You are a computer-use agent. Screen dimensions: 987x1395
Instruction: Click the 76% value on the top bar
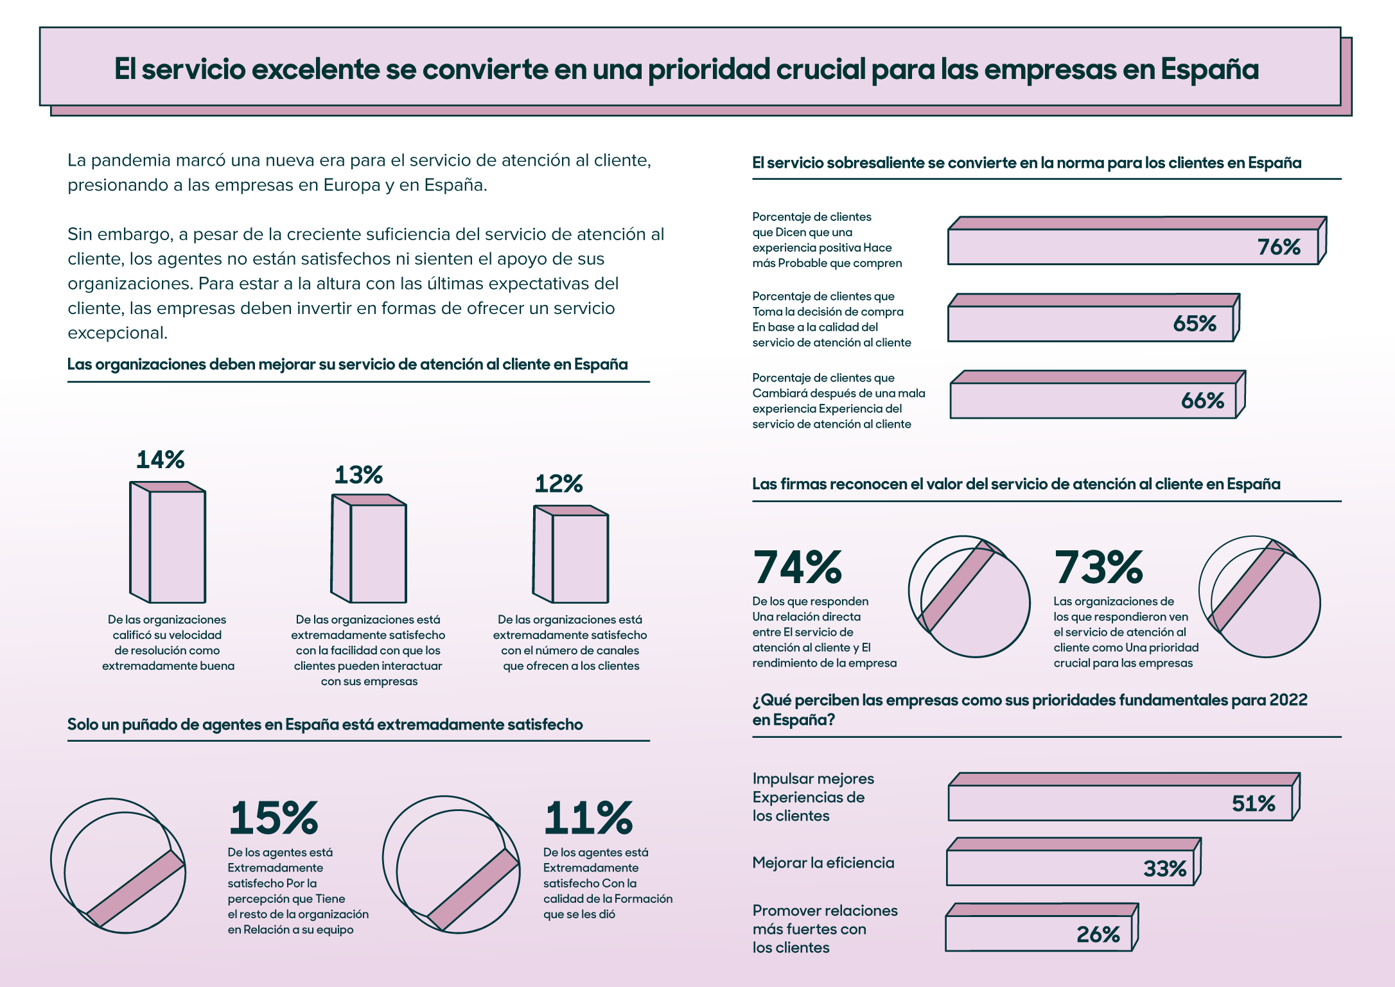(1278, 247)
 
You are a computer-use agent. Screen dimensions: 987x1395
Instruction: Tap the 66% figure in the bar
(1202, 401)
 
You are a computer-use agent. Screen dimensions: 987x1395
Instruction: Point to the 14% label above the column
(161, 460)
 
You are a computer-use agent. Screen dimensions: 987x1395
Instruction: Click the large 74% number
(797, 568)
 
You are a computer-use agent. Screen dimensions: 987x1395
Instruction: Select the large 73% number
(1098, 568)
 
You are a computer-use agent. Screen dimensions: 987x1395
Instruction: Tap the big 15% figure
(274, 818)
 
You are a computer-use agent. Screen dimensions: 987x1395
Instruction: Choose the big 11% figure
(588, 818)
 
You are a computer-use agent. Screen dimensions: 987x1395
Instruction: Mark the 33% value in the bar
(1164, 869)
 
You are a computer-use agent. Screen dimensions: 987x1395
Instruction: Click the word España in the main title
(1210, 69)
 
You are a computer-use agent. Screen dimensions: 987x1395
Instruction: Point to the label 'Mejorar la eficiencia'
(823, 863)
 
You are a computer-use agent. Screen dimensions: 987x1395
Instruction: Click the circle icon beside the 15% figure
(119, 866)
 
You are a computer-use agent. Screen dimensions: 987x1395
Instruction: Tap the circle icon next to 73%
(1259, 597)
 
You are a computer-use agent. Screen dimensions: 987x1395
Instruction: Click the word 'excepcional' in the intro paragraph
(118, 333)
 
